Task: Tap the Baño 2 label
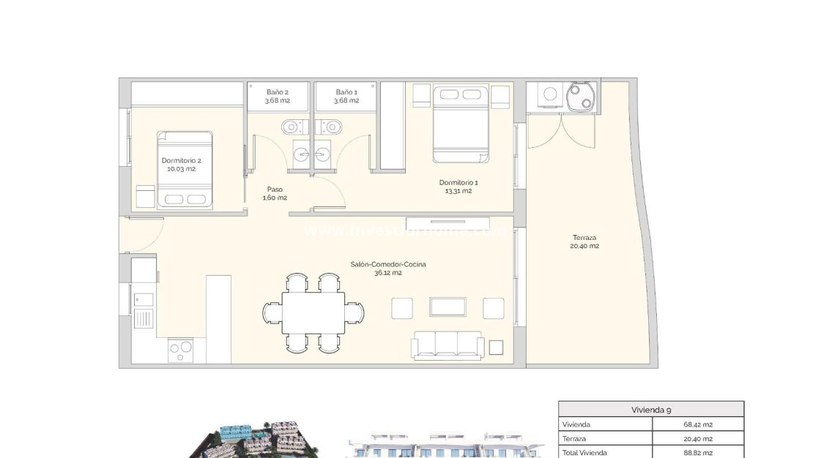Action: click(278, 96)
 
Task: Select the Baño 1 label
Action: click(346, 96)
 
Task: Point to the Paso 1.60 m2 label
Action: click(275, 193)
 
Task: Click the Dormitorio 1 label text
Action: click(459, 187)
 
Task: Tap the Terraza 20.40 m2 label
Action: click(584, 241)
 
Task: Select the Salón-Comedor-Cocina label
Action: click(387, 269)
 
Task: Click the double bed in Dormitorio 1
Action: click(460, 124)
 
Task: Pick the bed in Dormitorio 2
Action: click(185, 169)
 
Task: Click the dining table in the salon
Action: click(313, 313)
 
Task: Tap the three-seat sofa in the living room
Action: click(448, 345)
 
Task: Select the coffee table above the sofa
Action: click(448, 307)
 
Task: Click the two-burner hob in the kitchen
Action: click(181, 349)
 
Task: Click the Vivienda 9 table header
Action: click(650, 410)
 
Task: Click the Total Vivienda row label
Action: click(584, 452)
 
